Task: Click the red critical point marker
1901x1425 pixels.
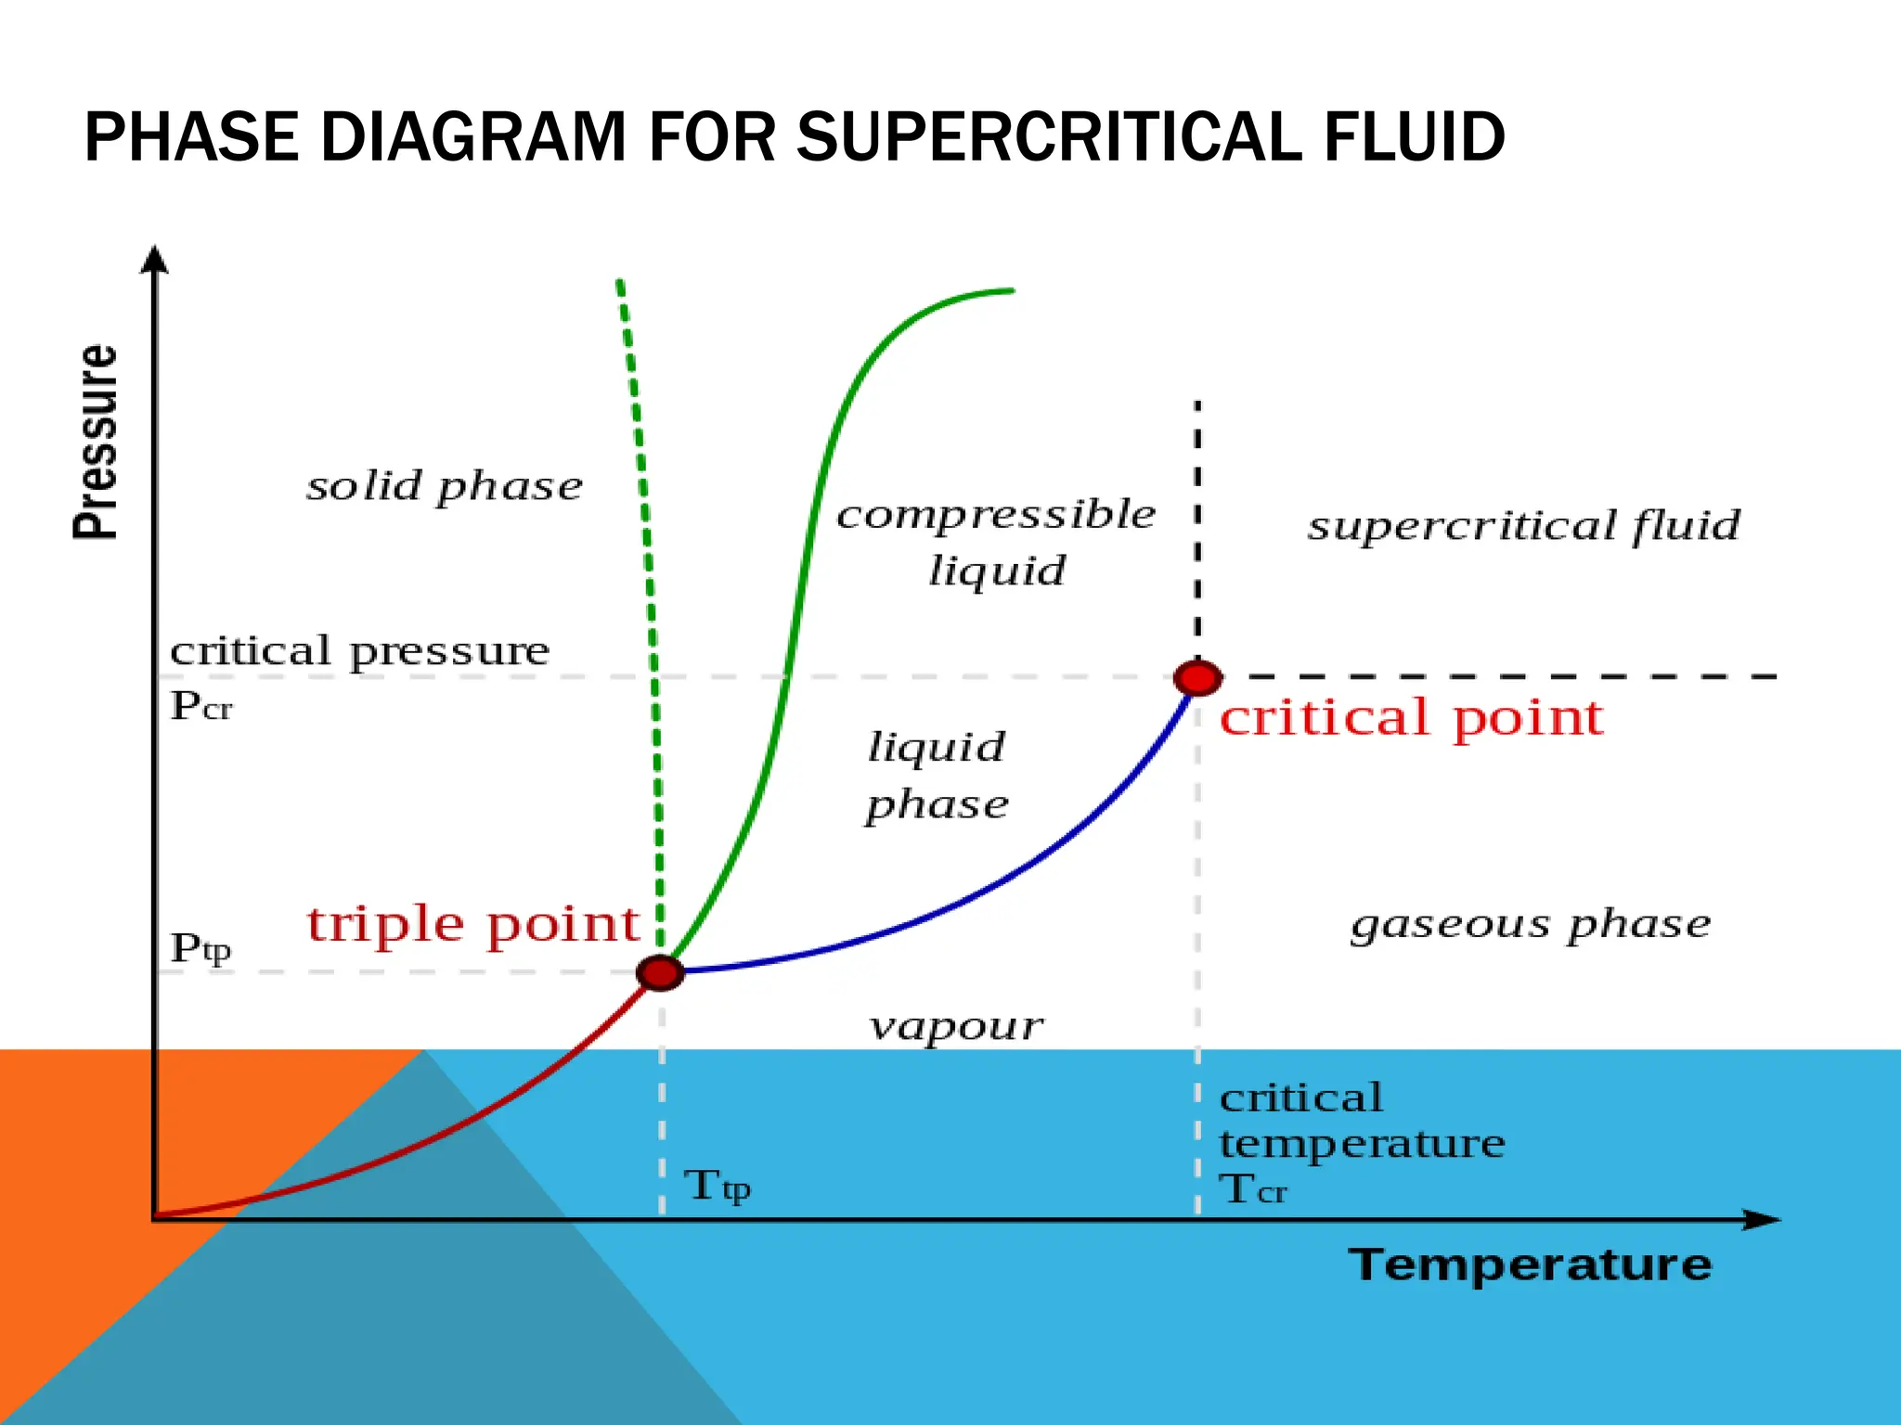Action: [x=1197, y=678]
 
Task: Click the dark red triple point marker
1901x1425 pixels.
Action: [x=660, y=972]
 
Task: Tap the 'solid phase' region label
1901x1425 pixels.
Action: [x=445, y=486]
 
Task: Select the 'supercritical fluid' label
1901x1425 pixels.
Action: [x=1523, y=526]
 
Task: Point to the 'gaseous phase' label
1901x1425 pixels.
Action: [x=1530, y=925]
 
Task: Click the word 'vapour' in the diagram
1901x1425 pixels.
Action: [x=956, y=1026]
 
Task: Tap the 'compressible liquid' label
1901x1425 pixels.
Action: [x=996, y=542]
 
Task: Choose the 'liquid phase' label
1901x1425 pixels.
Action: [x=937, y=776]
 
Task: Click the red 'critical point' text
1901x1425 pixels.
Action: [x=1411, y=718]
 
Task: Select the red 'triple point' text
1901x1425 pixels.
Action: [x=473, y=925]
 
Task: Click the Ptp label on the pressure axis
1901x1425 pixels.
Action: [x=200, y=948]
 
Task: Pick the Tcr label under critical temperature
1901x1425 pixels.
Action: [x=1253, y=1189]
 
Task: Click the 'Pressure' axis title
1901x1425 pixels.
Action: [x=96, y=443]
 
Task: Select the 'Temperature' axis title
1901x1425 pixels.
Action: [x=1530, y=1265]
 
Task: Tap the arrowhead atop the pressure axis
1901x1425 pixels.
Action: [x=155, y=259]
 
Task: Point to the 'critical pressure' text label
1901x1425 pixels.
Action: [x=359, y=651]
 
